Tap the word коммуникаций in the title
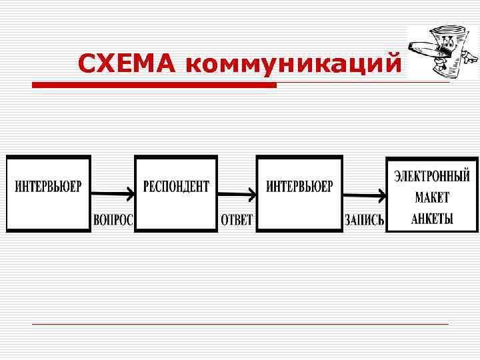tap(294, 65)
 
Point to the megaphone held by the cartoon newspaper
tap(427, 49)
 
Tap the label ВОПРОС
tap(113, 221)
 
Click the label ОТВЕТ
tap(237, 221)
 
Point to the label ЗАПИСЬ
tap(364, 221)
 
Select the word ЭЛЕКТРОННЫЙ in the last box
tap(432, 177)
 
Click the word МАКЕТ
tap(432, 198)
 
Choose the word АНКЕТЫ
tap(432, 219)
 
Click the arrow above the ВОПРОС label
tap(112, 194)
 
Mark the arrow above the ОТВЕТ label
tap(237, 194)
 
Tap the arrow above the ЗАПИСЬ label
tap(365, 195)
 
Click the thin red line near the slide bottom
tap(240, 324)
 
